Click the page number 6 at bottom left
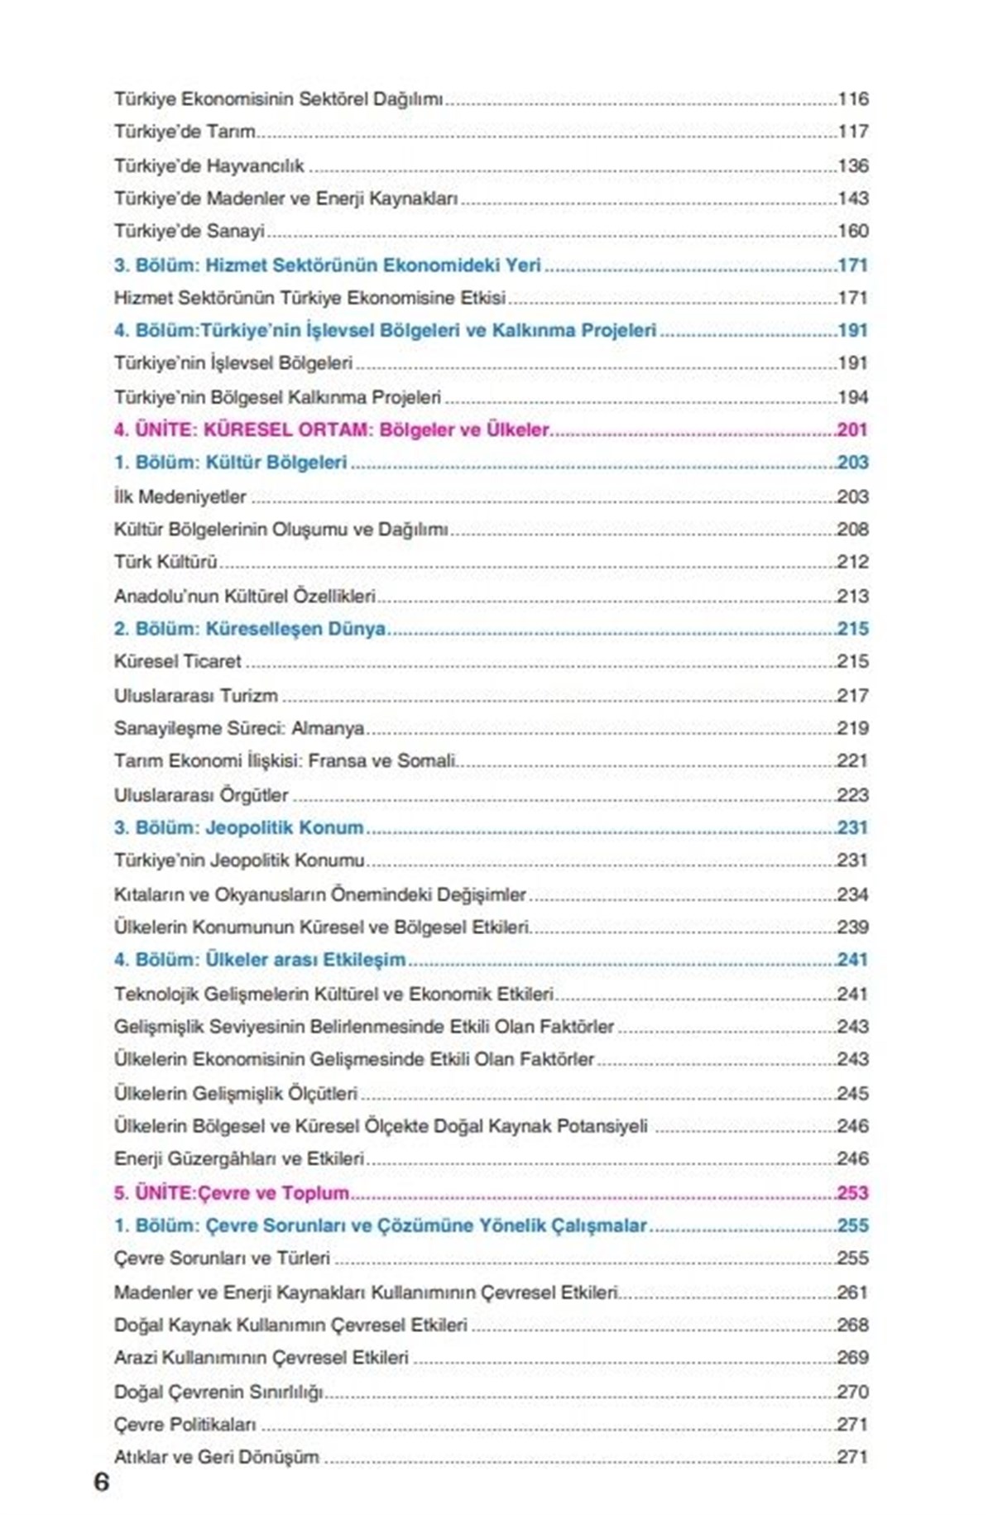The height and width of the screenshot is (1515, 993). click(101, 1481)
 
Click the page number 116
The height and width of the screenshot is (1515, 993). click(853, 99)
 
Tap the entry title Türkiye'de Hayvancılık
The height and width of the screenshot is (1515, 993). click(209, 165)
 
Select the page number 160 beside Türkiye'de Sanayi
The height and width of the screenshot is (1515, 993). click(853, 231)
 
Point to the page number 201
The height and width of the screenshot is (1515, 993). click(852, 429)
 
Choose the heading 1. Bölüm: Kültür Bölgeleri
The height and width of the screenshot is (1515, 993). click(231, 463)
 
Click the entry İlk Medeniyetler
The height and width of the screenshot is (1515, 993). click(180, 496)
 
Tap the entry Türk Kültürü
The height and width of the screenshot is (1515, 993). click(165, 562)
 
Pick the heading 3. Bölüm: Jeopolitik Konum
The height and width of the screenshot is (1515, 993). click(238, 827)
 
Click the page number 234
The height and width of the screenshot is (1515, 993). click(852, 894)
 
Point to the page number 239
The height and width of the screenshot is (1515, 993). click(852, 927)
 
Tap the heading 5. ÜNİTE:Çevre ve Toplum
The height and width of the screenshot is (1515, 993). click(232, 1192)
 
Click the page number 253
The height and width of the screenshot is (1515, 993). click(852, 1192)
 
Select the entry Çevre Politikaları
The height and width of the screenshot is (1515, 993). click(185, 1424)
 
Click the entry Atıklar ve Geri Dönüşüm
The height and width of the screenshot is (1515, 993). click(217, 1457)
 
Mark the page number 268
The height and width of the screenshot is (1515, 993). click(852, 1325)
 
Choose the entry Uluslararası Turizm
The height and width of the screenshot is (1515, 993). click(196, 696)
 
